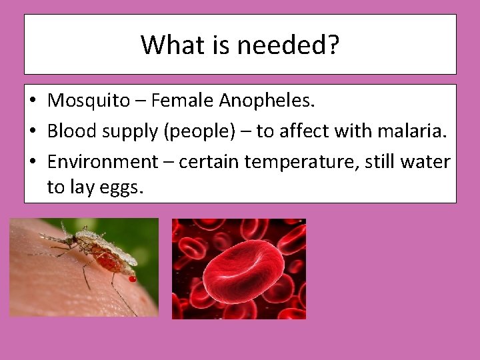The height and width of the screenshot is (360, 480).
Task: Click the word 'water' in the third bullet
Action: (x=429, y=162)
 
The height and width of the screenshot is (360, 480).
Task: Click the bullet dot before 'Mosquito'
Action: (x=33, y=102)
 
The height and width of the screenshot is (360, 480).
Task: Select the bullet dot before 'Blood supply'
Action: (x=33, y=132)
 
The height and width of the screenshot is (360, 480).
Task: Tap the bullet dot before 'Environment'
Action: (x=33, y=163)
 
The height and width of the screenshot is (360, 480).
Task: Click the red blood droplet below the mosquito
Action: (x=132, y=279)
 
